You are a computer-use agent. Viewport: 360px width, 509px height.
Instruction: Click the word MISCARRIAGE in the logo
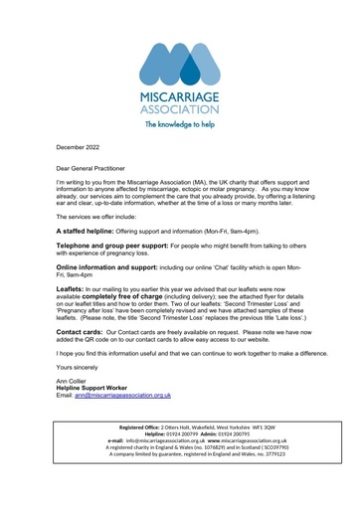[180, 97]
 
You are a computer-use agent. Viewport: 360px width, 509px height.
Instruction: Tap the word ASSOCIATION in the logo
[180, 110]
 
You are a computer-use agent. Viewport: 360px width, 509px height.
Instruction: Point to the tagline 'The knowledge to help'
[180, 125]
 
